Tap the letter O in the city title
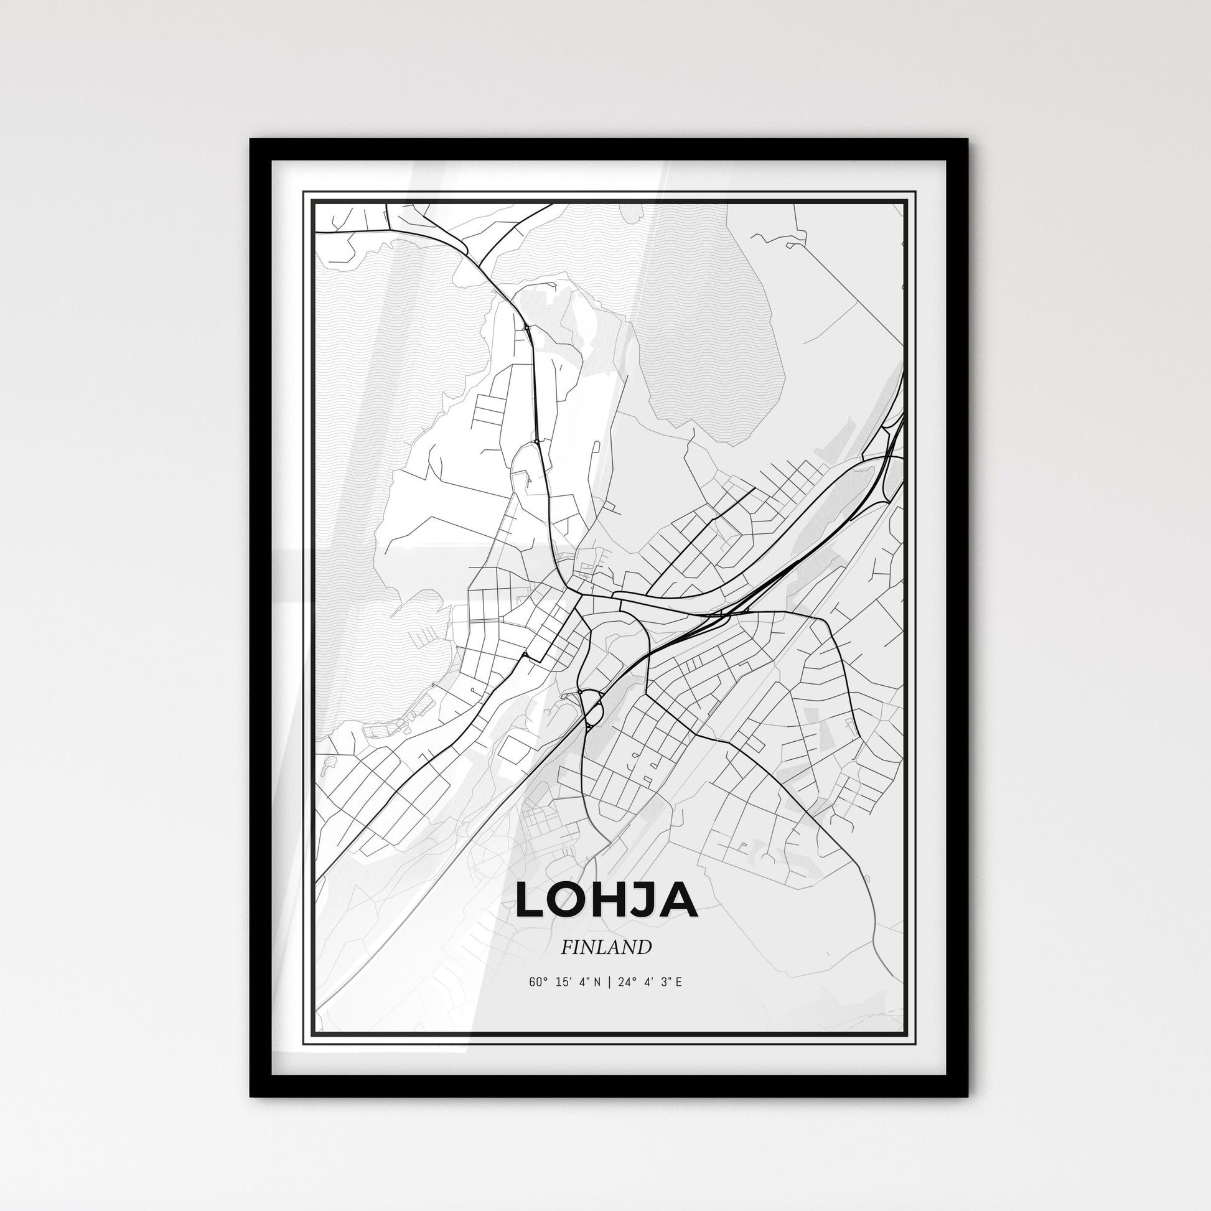coord(573,900)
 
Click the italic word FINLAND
coord(605,947)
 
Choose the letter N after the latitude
coord(596,982)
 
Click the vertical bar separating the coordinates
coord(606,982)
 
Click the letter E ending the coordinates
coord(678,982)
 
